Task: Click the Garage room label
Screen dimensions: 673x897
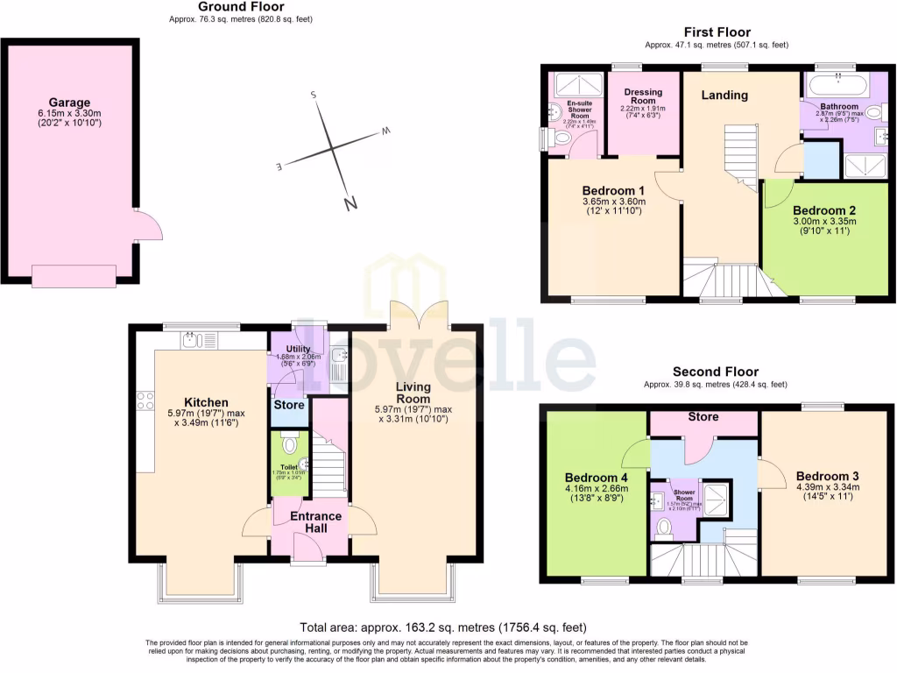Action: point(69,103)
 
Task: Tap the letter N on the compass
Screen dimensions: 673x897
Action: point(350,203)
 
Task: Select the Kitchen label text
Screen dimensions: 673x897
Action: point(206,402)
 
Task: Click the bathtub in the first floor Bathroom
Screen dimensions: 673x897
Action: point(837,85)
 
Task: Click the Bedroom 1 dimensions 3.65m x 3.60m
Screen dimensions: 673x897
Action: point(613,202)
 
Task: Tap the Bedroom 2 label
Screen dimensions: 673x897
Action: point(823,210)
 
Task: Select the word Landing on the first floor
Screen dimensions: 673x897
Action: point(724,95)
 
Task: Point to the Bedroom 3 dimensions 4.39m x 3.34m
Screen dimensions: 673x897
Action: point(827,487)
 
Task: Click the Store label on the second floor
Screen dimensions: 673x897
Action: point(703,416)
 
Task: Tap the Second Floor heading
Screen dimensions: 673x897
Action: point(715,372)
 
